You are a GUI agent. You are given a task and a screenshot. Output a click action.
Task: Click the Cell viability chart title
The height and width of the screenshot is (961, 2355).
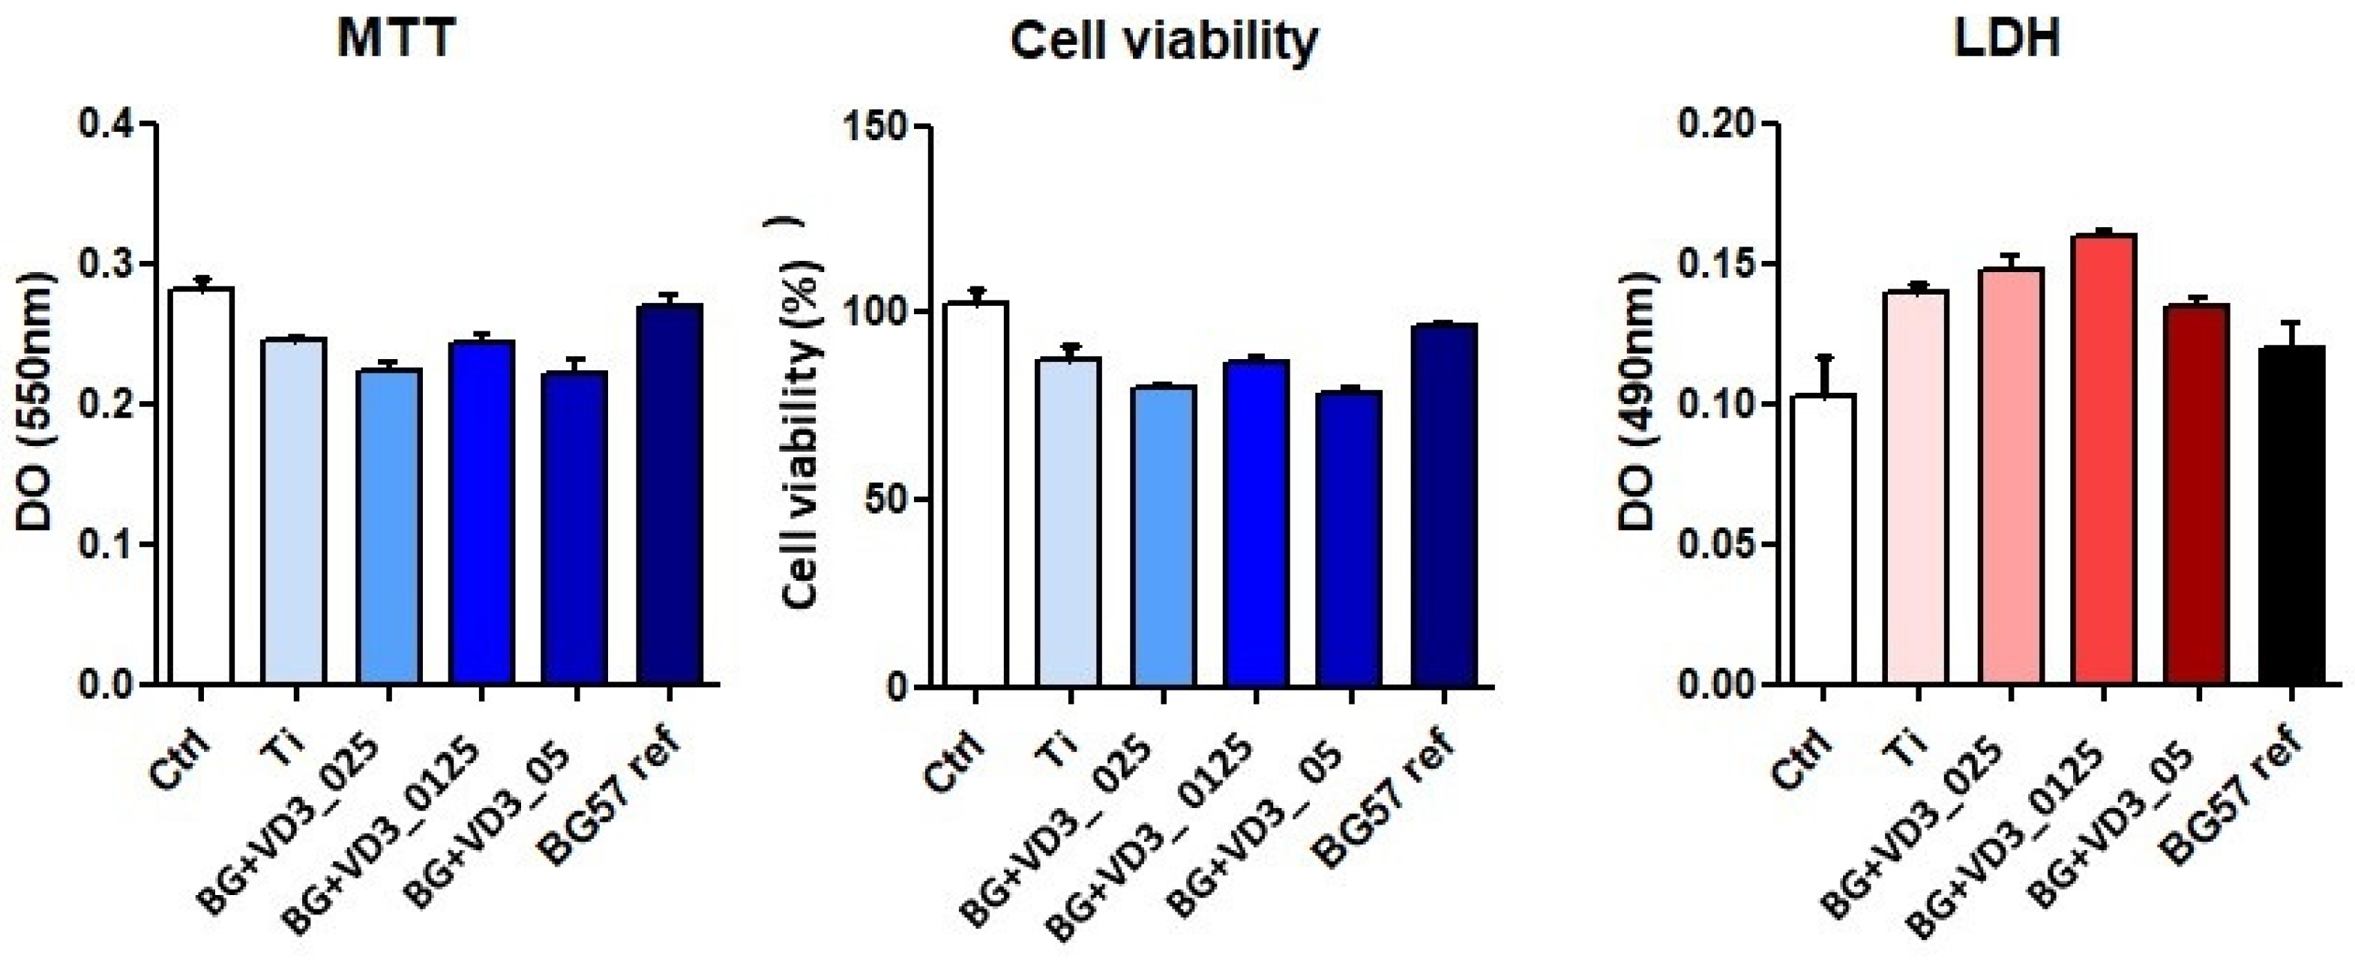(x=1164, y=41)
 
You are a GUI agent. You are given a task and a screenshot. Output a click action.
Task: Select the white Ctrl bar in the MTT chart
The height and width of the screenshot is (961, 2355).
(x=200, y=484)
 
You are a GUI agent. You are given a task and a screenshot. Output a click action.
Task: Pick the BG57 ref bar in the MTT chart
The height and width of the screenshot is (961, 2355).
(x=670, y=494)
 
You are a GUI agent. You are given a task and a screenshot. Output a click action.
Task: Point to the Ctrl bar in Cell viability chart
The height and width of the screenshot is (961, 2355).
(x=976, y=494)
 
